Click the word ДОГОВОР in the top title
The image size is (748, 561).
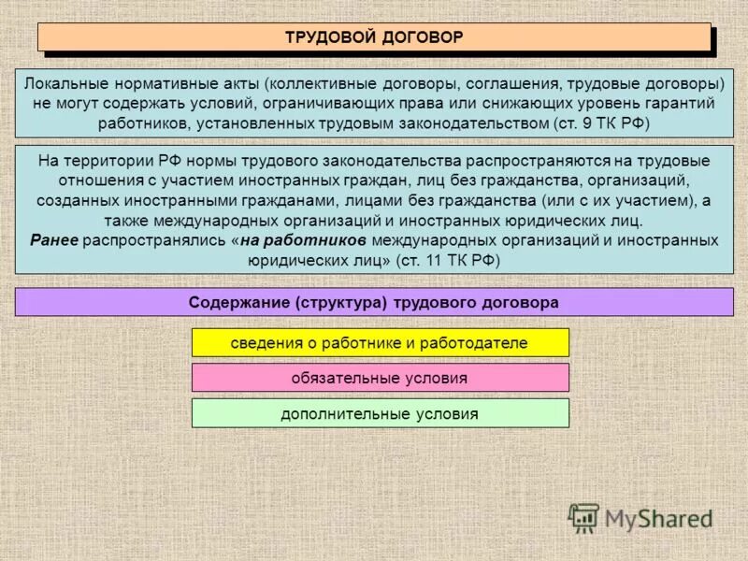(424, 37)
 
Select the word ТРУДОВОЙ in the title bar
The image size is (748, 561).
(330, 37)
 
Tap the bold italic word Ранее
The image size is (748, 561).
(53, 240)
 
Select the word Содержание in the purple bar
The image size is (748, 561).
(239, 303)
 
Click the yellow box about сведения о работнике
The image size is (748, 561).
(380, 342)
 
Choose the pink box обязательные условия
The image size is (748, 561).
(380, 378)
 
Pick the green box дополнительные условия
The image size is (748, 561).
(380, 413)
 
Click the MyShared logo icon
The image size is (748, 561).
(584, 517)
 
